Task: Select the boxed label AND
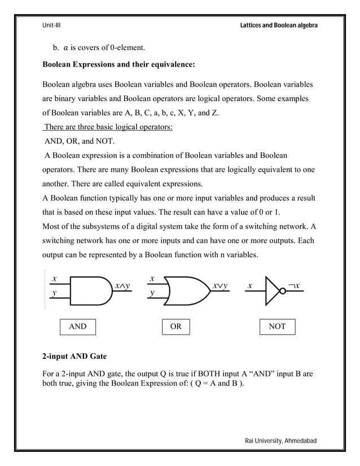tap(78, 327)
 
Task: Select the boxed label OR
tap(176, 327)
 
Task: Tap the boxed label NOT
tap(277, 327)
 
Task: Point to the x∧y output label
tap(122, 285)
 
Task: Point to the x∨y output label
tap(220, 285)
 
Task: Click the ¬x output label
tap(293, 285)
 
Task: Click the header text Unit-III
tap(52, 26)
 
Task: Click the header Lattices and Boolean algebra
tap(279, 26)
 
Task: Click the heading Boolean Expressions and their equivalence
tap(119, 65)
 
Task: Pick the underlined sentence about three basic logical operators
tap(108, 127)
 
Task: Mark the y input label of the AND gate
tap(54, 294)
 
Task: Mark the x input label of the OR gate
tap(152, 278)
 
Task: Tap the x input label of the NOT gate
tap(249, 285)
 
